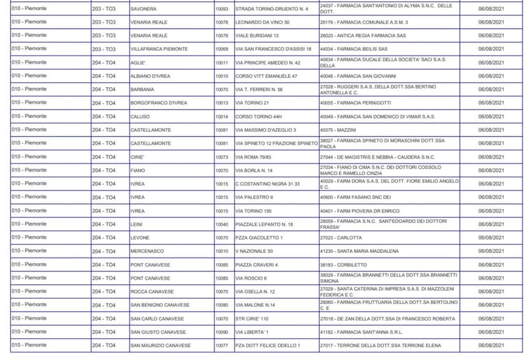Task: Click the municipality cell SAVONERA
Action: [143, 9]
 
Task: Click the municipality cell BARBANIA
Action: [142, 90]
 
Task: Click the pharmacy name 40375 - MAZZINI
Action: [338, 130]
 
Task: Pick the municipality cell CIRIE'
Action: [138, 157]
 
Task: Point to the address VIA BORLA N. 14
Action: [254, 171]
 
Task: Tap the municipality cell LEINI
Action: [136, 224]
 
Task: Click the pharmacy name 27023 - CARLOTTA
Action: [341, 238]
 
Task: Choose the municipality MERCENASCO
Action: [147, 251]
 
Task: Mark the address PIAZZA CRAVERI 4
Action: [256, 265]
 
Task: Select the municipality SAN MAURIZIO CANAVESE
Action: [161, 345]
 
